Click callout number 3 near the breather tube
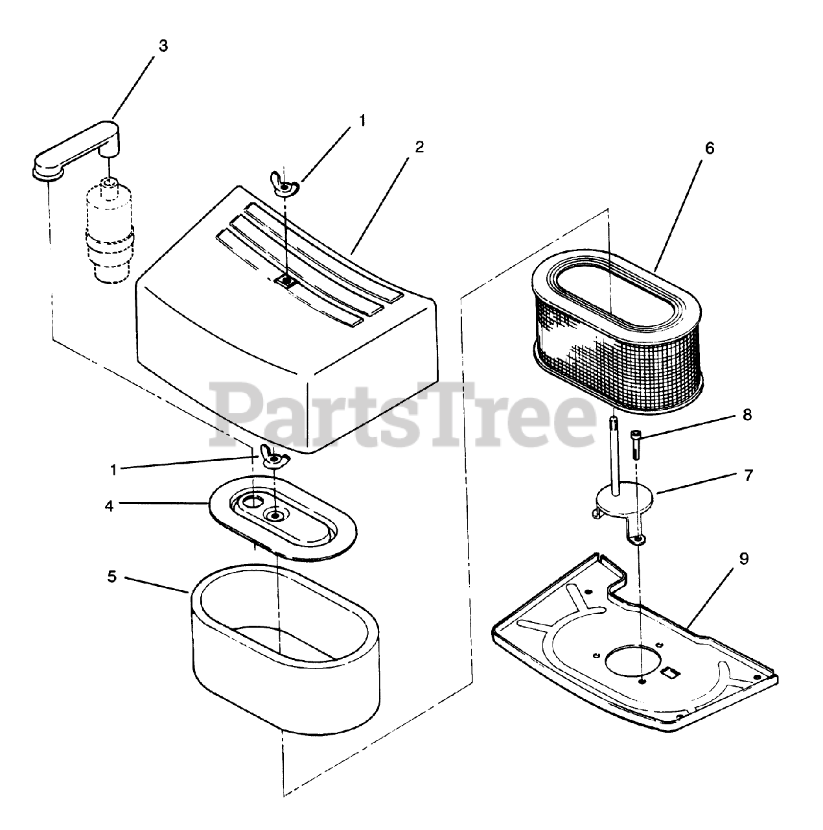163,46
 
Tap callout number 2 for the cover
419,147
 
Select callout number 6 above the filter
710,148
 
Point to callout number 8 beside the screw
747,415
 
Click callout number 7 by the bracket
748,475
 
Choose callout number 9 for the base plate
744,559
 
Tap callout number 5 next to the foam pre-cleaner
112,576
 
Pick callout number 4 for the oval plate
110,506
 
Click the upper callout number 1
363,121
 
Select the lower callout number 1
113,470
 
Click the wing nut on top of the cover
284,184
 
